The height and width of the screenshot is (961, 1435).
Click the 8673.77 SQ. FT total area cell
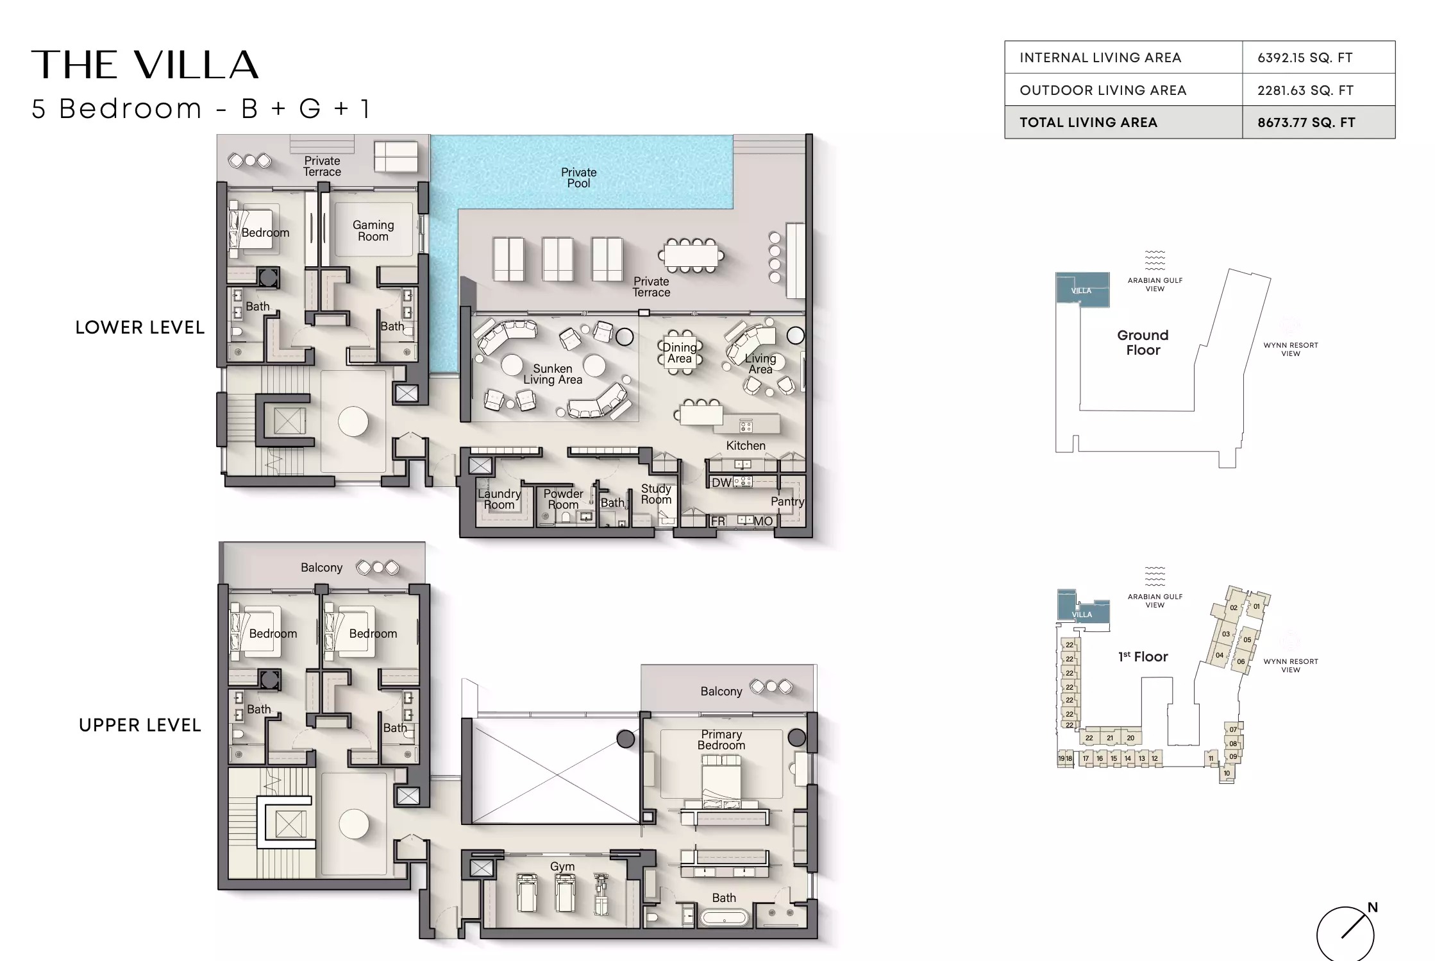click(x=1306, y=123)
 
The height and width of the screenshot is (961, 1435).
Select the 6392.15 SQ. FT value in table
click(x=1305, y=58)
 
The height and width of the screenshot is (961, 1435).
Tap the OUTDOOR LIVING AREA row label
click(x=1103, y=90)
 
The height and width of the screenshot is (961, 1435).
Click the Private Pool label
click(x=578, y=178)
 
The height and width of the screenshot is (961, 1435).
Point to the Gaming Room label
click(x=373, y=230)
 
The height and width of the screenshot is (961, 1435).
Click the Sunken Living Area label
click(x=553, y=374)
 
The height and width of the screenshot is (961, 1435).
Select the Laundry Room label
click(x=499, y=499)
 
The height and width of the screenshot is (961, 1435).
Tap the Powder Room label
click(x=563, y=499)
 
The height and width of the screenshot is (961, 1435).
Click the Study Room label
click(x=656, y=494)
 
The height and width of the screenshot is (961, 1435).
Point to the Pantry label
click(x=787, y=502)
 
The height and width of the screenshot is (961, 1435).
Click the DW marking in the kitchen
click(x=721, y=482)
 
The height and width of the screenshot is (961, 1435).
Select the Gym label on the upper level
click(x=562, y=866)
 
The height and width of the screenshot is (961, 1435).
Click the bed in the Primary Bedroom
click(x=721, y=779)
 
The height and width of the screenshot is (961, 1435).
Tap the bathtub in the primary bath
click(x=724, y=918)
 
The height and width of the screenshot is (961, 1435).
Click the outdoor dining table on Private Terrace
click(x=691, y=255)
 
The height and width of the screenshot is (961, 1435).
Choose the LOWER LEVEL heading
click(x=140, y=327)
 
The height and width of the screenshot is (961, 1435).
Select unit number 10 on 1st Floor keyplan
click(x=1227, y=773)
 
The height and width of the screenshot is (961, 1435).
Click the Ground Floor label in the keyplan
click(x=1143, y=343)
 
